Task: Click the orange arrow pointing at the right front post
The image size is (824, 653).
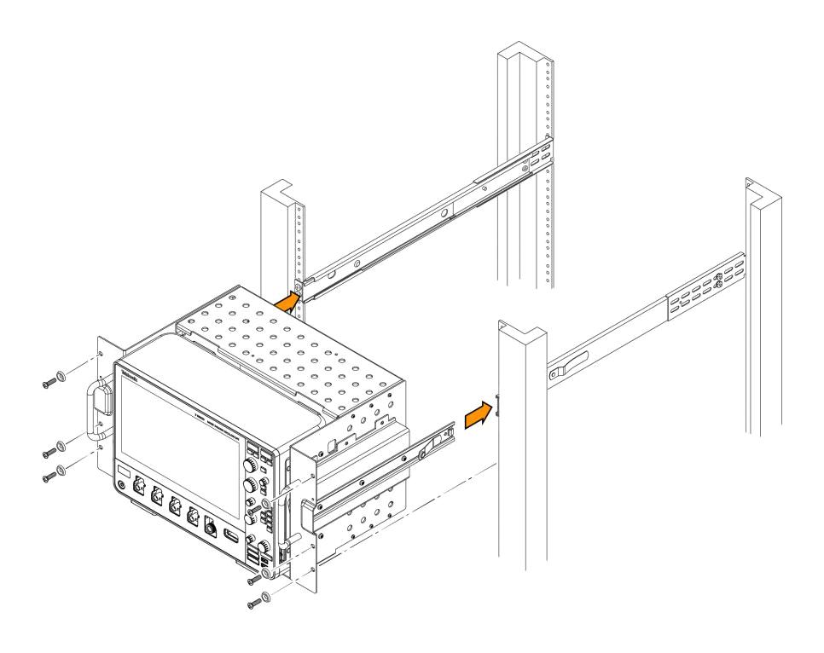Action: click(479, 416)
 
